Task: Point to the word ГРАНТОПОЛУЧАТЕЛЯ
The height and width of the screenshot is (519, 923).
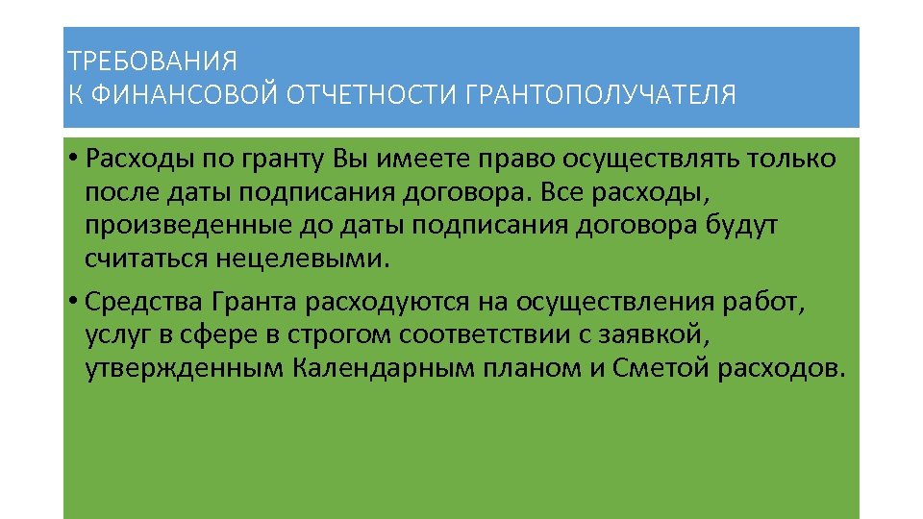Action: pos(600,95)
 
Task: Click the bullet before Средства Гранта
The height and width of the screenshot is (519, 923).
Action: pos(73,303)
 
